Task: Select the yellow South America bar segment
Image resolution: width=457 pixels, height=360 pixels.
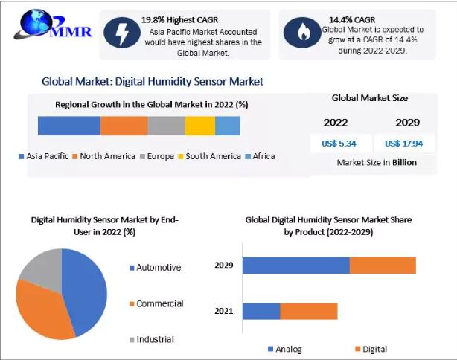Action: point(200,126)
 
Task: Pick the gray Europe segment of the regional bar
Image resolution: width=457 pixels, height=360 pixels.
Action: point(166,126)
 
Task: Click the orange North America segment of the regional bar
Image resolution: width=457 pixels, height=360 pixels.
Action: point(124,126)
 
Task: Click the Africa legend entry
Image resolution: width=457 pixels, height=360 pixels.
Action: point(260,156)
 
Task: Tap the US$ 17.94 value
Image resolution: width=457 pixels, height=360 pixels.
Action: point(403,144)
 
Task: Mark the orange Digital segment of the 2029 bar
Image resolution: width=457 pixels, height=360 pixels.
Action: point(383,265)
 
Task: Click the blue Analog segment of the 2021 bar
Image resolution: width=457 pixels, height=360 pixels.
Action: point(261,311)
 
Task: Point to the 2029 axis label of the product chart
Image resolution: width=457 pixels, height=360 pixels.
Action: point(224,265)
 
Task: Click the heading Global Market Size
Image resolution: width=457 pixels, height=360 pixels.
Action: point(369,97)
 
